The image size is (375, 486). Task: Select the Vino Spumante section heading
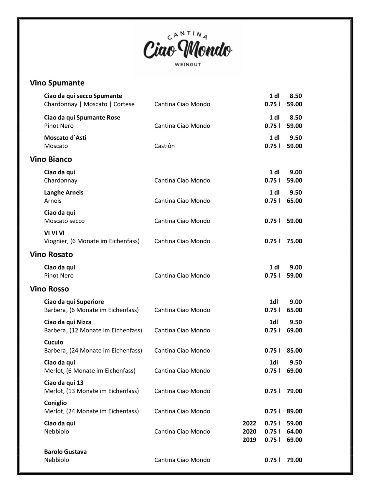[57, 83]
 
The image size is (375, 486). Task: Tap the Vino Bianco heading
[51, 159]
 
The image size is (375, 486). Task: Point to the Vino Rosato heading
[51, 254]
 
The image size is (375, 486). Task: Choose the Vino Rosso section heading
[49, 289]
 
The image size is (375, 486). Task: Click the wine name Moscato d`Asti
[65, 138]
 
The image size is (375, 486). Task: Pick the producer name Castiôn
[164, 146]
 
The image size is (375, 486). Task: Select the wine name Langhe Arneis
[64, 193]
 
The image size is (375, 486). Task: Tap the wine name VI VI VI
[54, 233]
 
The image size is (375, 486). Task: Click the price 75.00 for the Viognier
[294, 241]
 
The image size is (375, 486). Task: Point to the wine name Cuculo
[54, 342]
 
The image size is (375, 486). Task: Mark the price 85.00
[294, 350]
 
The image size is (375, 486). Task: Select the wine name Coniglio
[55, 403]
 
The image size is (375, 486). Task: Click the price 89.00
[294, 411]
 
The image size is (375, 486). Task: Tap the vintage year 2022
[249, 423]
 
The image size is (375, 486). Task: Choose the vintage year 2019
[249, 440]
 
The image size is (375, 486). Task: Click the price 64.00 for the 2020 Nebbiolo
[294, 431]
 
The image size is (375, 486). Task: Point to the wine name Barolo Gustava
[65, 451]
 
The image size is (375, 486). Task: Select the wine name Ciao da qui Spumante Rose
[82, 117]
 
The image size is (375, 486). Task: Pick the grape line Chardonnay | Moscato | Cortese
[89, 104]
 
